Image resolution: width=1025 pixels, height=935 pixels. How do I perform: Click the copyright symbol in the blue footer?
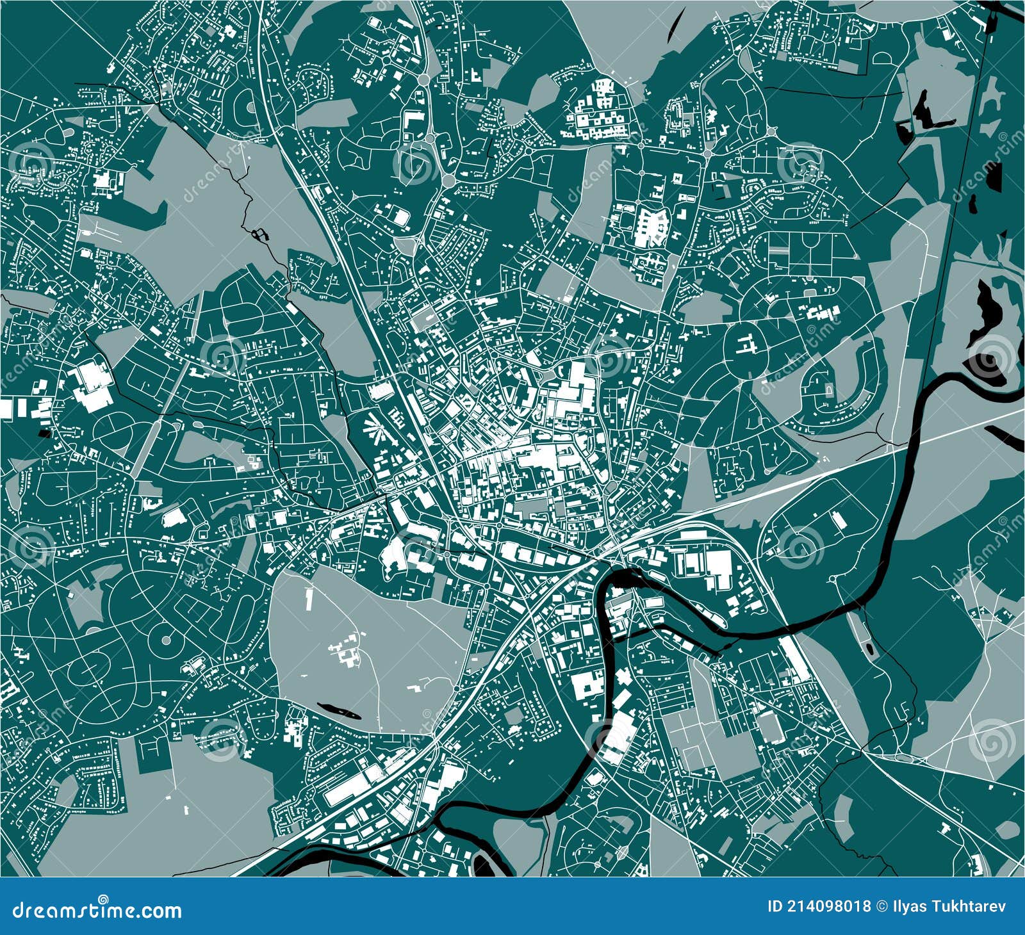(x=879, y=906)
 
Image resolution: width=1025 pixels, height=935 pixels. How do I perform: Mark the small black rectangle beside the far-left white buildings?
(x=44, y=433)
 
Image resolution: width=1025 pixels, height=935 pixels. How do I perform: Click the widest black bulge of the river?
(x=634, y=576)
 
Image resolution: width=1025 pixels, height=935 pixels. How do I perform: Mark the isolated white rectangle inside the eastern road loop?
(x=836, y=519)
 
